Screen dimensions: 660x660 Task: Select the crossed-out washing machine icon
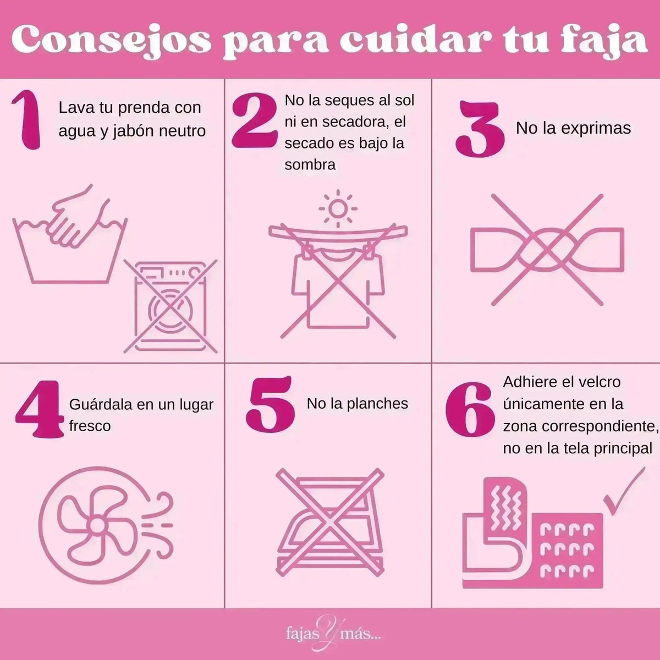[x=170, y=306]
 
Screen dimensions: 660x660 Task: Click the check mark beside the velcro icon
[x=624, y=490]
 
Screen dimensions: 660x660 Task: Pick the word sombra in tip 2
[x=310, y=164]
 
